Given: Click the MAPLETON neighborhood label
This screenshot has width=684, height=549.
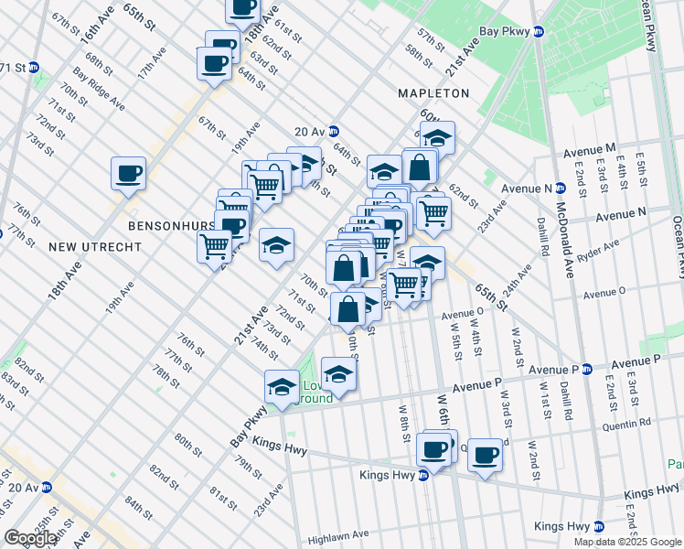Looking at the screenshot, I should (433, 93).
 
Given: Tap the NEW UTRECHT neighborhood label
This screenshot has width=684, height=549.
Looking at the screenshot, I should (95, 247).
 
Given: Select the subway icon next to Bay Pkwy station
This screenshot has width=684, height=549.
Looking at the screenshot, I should (539, 31).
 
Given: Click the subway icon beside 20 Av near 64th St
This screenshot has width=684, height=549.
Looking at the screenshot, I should (334, 132).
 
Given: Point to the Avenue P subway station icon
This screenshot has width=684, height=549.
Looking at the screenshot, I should (588, 370).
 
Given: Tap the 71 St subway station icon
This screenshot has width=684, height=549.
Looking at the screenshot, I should (34, 68).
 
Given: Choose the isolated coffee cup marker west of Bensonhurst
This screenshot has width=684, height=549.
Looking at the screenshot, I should (128, 173).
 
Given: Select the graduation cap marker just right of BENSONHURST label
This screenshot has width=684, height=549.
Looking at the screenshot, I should (276, 245).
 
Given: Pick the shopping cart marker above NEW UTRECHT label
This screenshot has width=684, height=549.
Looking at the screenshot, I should (215, 245).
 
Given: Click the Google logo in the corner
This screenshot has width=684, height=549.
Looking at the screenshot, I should (30, 538).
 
